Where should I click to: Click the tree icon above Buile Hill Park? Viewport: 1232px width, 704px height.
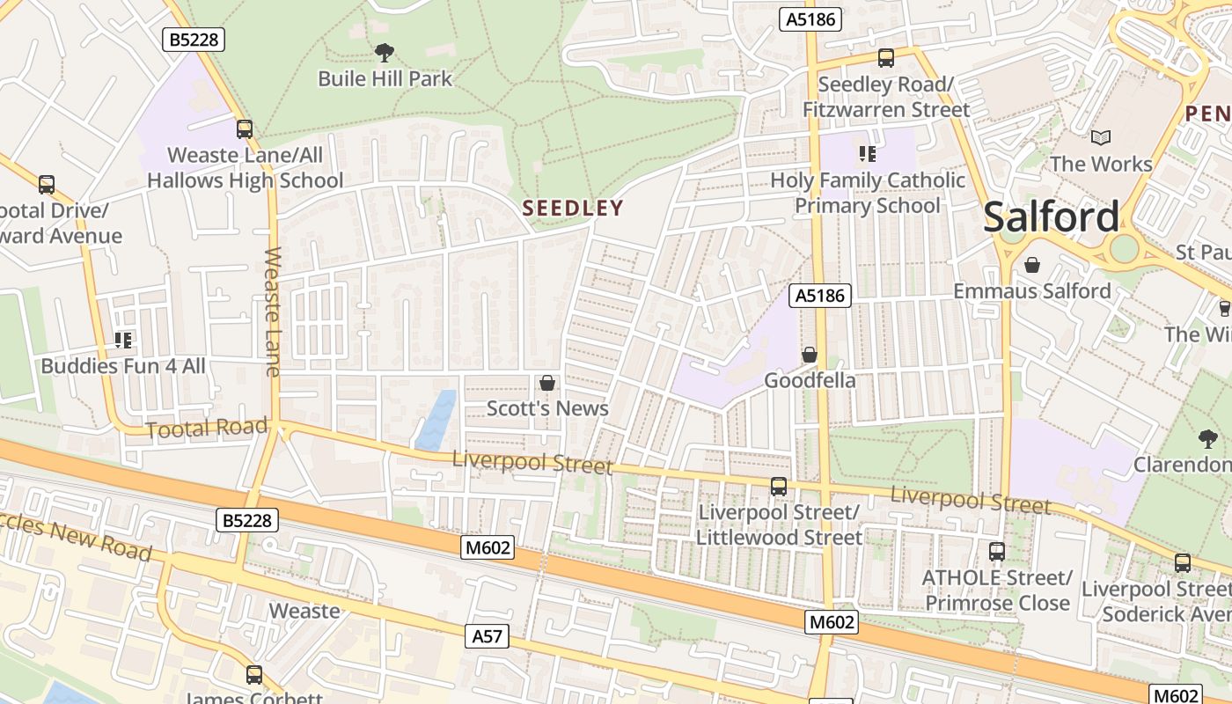(384, 53)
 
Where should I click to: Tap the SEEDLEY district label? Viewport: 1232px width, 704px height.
(573, 209)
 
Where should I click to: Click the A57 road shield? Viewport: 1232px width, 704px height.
(487, 635)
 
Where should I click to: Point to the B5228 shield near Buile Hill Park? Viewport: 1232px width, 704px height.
(194, 39)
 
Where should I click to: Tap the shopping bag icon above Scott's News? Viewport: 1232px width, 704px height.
(547, 383)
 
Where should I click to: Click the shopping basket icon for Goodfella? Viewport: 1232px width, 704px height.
(809, 355)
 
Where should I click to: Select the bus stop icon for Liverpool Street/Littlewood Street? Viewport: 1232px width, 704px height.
(779, 486)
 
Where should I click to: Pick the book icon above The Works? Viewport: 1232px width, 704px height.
(1100, 137)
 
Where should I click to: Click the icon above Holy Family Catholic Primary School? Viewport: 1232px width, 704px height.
(868, 155)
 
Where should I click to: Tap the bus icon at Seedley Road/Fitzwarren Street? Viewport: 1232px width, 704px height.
(885, 58)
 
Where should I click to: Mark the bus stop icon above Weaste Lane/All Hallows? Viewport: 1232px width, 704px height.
(245, 129)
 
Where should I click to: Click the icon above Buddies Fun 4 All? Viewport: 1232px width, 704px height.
(123, 340)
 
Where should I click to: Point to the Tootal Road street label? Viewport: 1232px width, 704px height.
(206, 429)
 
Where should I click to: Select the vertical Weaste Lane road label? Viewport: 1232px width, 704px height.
(273, 312)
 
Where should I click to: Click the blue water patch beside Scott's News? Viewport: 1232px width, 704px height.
(436, 420)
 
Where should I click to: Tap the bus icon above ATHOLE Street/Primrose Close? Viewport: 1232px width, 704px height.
(996, 552)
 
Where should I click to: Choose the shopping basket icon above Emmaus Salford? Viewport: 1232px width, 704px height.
(1031, 264)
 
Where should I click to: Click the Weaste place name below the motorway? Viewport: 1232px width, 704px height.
(304, 611)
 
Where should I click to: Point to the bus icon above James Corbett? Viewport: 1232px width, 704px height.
(254, 675)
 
